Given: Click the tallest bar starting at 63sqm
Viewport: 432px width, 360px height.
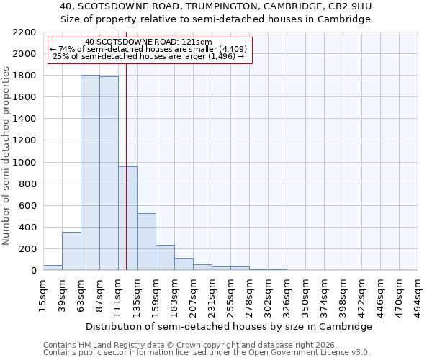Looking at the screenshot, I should (90, 173).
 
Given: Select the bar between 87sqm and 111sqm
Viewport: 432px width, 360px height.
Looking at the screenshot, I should (109, 174).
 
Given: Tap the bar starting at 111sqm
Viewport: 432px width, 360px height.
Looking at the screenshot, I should (127, 218).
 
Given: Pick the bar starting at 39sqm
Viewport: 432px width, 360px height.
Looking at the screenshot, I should (71, 251).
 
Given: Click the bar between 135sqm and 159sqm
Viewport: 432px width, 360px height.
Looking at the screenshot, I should (146, 242).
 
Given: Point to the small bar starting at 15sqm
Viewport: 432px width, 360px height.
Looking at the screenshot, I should (53, 267).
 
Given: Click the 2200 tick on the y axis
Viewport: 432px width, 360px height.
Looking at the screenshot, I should (24, 32).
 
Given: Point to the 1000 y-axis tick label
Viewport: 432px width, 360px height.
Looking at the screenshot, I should (24, 163).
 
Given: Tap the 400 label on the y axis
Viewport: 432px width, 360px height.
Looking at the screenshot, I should (27, 228).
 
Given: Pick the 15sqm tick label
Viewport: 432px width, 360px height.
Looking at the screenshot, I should (44, 293).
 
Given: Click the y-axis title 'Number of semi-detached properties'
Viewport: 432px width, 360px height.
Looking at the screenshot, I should (6, 156).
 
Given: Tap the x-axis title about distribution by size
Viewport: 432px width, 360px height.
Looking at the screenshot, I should (230, 326).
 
